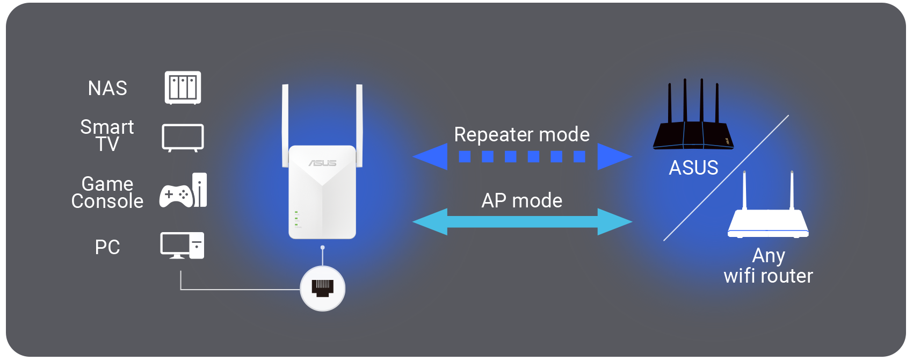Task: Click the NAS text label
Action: tap(107, 88)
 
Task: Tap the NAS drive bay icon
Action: tap(183, 88)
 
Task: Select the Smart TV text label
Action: tap(107, 135)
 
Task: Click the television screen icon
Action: tap(183, 138)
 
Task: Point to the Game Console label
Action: tap(107, 192)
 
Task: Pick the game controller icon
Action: tap(176, 196)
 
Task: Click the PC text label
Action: tap(107, 247)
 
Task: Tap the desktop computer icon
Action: tap(182, 246)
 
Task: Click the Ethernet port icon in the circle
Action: tap(322, 288)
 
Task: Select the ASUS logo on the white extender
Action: tap(322, 163)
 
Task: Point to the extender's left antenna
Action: tap(285, 126)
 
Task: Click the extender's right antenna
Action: tap(359, 126)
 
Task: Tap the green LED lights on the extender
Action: tap(296, 219)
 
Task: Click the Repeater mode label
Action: tap(521, 134)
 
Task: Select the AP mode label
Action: tap(521, 200)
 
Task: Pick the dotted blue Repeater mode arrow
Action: tap(522, 156)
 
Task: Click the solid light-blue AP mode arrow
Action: tap(522, 222)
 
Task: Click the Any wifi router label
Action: tap(769, 266)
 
